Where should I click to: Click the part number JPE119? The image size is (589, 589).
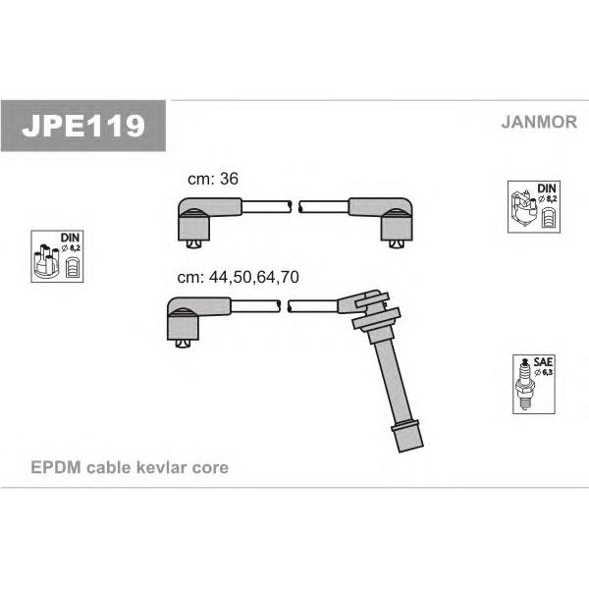(83, 126)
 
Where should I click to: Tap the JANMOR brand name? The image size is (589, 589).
(539, 122)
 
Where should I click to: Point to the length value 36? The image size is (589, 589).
(229, 179)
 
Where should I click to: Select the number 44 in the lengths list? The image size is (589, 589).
(218, 277)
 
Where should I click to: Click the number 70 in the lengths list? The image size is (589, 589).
(290, 277)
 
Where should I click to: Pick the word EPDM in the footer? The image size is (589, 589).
(56, 467)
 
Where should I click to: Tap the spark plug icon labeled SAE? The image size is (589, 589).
(525, 384)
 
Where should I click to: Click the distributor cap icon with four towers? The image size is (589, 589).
(46, 261)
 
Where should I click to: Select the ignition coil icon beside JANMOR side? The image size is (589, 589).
(523, 208)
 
